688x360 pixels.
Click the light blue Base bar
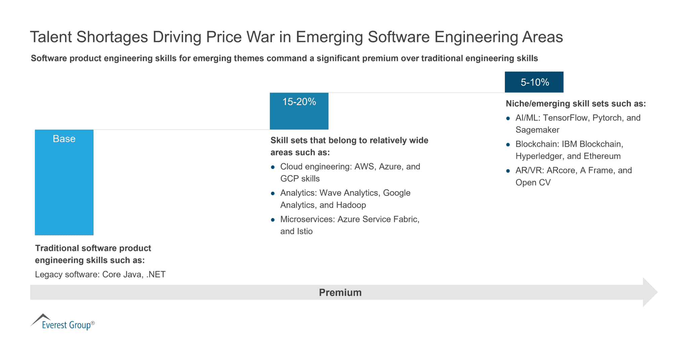pos(64,182)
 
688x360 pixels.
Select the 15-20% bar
pos(299,111)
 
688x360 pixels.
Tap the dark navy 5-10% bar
pos(534,82)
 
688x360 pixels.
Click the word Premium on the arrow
pos(340,292)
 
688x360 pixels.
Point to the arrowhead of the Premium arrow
pos(657,292)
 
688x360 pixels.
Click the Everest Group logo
pos(63,322)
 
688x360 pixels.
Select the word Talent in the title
pos(51,37)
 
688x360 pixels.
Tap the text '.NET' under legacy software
pos(156,274)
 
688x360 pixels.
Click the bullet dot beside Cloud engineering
pos(273,167)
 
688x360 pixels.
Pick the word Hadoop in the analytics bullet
pos(351,205)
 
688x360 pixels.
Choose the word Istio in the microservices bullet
pos(305,231)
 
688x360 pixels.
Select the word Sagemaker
pos(537,130)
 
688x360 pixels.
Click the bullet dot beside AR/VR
pos(508,171)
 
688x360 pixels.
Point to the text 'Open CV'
pos(533,182)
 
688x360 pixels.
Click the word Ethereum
pos(602,156)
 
